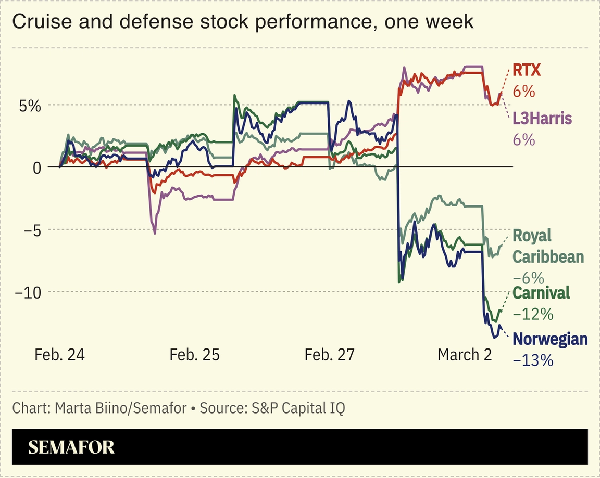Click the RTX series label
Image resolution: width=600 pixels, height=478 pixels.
click(x=527, y=70)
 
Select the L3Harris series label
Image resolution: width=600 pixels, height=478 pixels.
click(x=542, y=119)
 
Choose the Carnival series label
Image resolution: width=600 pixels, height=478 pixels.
click(x=541, y=293)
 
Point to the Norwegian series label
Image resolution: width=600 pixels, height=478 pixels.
click(x=550, y=339)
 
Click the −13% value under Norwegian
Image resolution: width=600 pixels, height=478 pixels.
click(x=533, y=360)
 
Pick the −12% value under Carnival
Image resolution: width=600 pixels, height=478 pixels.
click(x=533, y=314)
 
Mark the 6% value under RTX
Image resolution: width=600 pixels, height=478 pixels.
click(x=524, y=92)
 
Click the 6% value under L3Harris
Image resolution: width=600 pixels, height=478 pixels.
click(x=524, y=140)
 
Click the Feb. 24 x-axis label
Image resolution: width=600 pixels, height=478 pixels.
click(x=59, y=355)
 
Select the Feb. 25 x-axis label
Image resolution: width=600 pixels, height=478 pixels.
click(x=194, y=355)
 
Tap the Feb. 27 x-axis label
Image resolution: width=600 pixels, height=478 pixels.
click(x=329, y=355)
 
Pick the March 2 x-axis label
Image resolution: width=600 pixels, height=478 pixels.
click(x=464, y=355)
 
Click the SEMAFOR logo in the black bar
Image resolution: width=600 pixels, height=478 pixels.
click(x=71, y=447)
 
